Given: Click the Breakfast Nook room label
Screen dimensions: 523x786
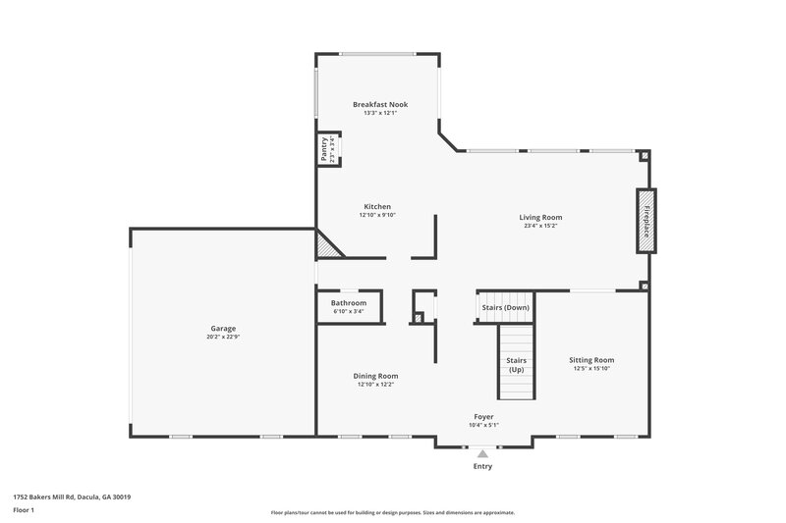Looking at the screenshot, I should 379,104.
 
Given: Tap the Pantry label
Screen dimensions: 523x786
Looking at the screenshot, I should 324,148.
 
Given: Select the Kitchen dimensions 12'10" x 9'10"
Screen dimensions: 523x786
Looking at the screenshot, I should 376,216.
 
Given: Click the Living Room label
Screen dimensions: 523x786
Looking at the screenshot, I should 540,217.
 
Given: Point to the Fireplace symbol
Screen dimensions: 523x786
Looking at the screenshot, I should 646,221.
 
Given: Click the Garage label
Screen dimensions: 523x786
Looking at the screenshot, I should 223,328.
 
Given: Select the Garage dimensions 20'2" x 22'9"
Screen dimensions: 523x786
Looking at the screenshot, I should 223,338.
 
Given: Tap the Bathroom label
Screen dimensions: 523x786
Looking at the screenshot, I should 349,303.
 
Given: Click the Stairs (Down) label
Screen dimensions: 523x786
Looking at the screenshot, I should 505,307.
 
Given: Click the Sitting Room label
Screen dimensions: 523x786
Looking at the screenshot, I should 591,360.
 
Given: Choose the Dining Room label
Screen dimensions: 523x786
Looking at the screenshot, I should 375,375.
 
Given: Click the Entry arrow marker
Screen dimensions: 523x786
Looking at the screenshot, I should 481,453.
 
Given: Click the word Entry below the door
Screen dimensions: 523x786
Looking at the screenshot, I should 481,466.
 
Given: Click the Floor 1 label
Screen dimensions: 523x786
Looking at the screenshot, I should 24,510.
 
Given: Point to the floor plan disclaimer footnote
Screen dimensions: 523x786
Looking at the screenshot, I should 392,512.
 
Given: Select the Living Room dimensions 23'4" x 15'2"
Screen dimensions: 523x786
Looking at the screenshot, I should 540,227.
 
